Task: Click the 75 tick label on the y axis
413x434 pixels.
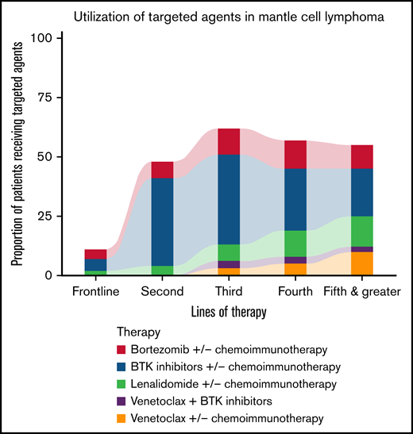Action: (44, 98)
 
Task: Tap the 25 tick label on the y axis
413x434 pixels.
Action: (44, 217)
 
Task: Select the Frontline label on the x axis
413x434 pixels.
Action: (95, 291)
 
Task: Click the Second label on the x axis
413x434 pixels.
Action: (162, 291)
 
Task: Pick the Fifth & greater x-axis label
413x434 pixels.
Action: (362, 291)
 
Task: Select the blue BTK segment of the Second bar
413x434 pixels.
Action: (162, 221)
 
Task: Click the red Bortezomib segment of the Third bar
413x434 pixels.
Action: (229, 141)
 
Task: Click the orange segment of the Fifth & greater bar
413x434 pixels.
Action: (362, 263)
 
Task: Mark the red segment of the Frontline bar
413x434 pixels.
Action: (95, 254)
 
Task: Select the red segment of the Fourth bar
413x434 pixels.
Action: (295, 154)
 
